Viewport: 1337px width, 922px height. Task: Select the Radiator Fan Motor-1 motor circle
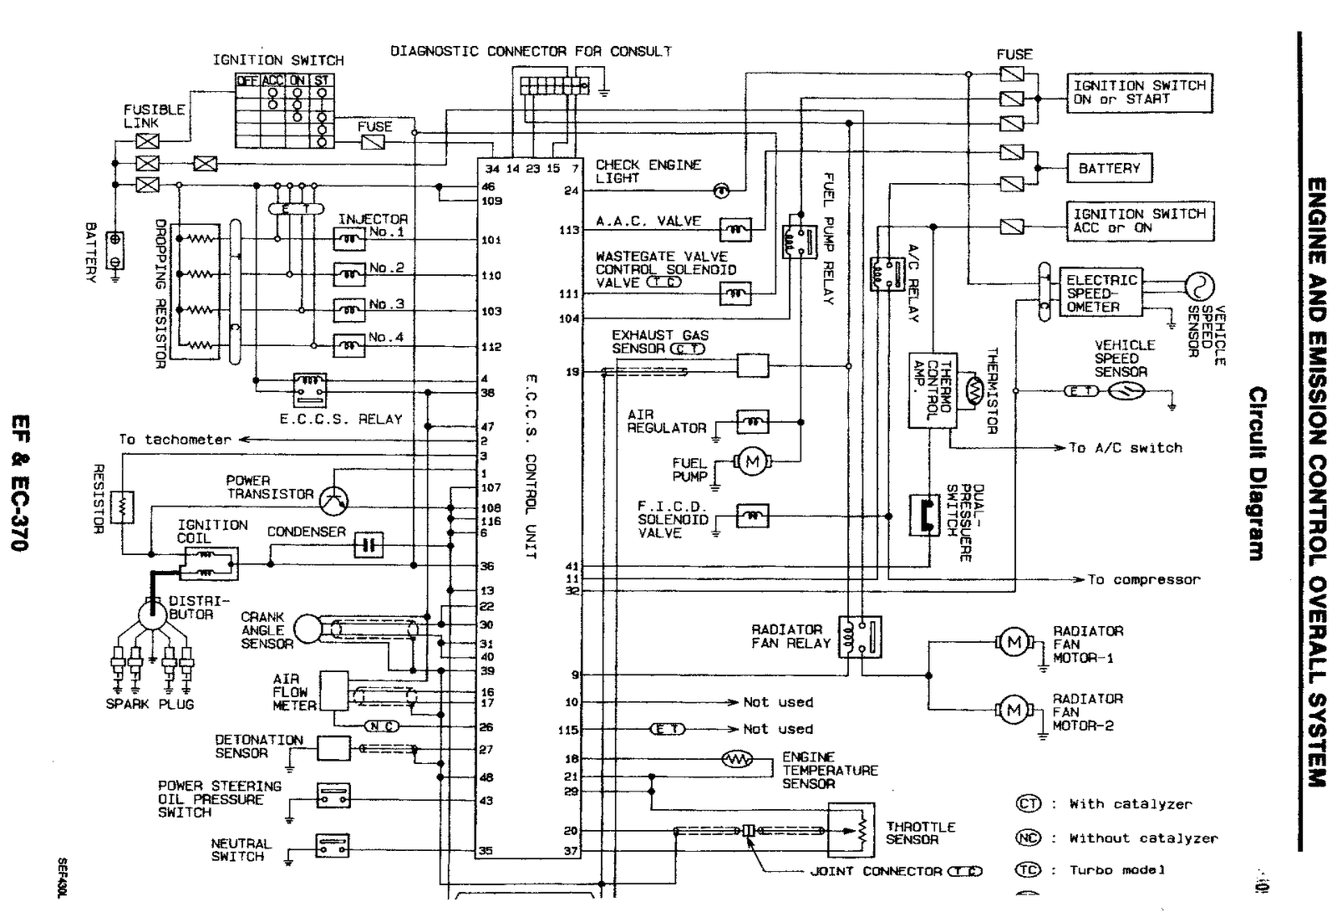coord(1014,642)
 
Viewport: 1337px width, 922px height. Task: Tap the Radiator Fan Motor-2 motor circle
coord(1014,711)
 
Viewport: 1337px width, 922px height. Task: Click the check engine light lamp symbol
coord(720,191)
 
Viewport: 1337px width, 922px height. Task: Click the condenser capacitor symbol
coord(368,546)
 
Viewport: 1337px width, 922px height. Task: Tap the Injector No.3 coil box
coord(349,310)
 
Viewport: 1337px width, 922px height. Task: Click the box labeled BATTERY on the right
coord(1109,168)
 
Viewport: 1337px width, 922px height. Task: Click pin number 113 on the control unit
coord(570,230)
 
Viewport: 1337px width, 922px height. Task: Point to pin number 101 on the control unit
coord(491,241)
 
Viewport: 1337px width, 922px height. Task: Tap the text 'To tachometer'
coord(175,440)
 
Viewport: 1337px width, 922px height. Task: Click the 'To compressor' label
coord(1143,579)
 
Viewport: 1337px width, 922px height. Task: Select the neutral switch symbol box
coord(333,847)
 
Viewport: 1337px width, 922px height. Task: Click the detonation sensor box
coord(333,748)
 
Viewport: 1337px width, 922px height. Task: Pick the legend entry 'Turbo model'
coord(1117,870)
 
